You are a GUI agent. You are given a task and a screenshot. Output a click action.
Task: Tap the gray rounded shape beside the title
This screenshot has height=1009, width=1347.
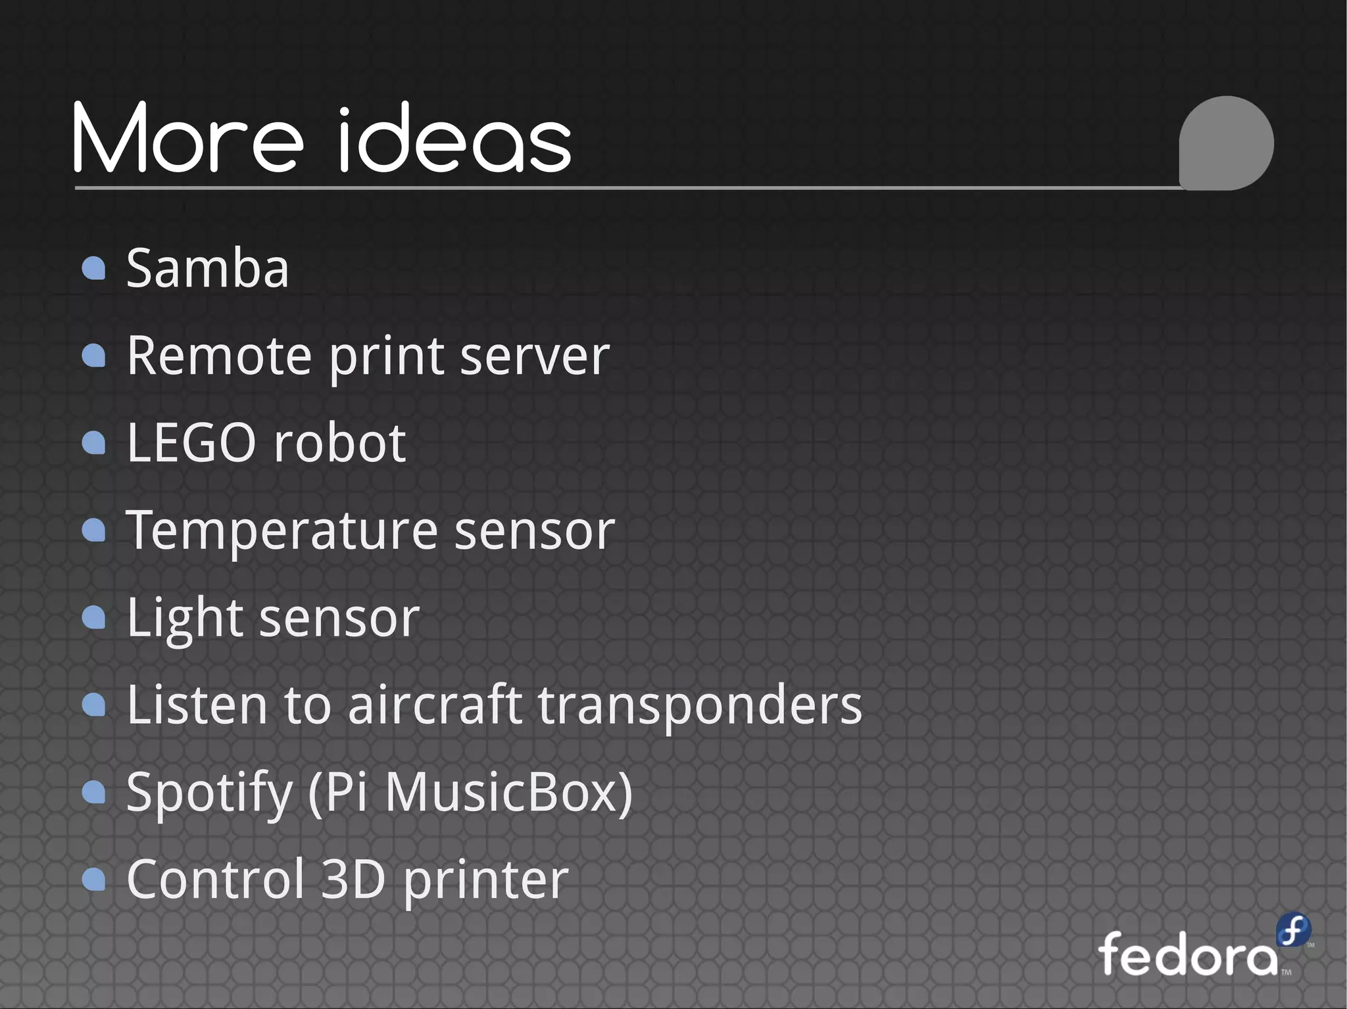pyautogui.click(x=1226, y=143)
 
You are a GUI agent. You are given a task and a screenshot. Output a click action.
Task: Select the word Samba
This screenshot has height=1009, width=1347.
pyautogui.click(x=207, y=269)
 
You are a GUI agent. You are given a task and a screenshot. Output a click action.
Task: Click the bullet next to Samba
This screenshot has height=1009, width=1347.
pyautogui.click(x=94, y=268)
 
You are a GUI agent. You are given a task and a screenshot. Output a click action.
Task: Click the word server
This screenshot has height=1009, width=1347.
pyautogui.click(x=535, y=357)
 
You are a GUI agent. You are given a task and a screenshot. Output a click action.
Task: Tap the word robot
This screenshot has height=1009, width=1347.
pyautogui.click(x=340, y=443)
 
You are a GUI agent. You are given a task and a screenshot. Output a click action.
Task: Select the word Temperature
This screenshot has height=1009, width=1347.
pyautogui.click(x=282, y=530)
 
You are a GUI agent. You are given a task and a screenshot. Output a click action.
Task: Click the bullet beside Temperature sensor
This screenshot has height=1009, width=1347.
pyautogui.click(x=94, y=530)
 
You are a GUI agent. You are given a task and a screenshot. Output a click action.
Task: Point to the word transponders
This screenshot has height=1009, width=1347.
pyautogui.click(x=700, y=706)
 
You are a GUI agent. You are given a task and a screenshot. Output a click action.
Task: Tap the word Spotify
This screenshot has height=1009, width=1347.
pyautogui.click(x=209, y=793)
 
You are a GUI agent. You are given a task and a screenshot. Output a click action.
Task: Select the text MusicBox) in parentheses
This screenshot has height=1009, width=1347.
pyautogui.click(x=508, y=792)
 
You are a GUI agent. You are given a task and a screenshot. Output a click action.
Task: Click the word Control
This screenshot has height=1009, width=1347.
pyautogui.click(x=215, y=880)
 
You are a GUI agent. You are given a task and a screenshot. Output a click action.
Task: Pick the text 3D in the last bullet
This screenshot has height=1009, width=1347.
pyautogui.click(x=353, y=880)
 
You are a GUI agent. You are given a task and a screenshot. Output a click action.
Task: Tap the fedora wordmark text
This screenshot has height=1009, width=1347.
pyautogui.click(x=1187, y=954)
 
